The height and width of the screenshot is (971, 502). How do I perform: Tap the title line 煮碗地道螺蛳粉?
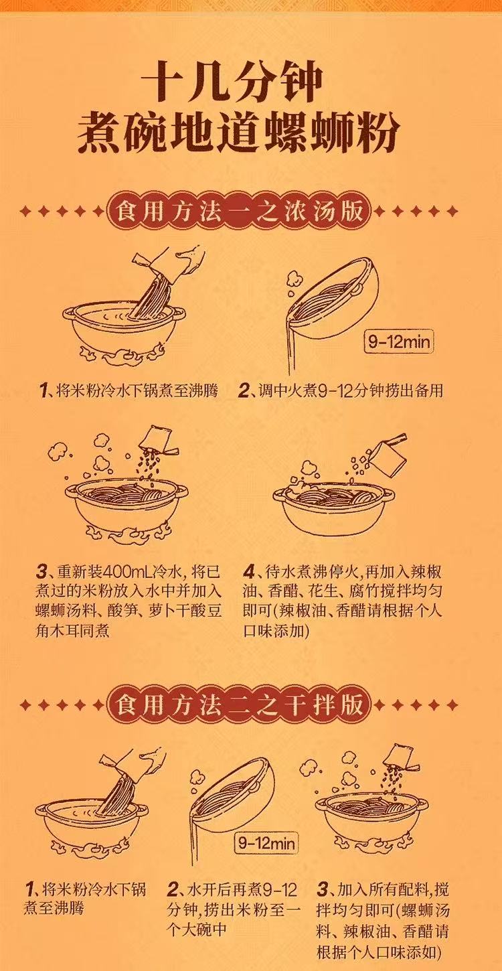point(239,131)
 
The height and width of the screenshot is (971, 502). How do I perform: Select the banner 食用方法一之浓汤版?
point(240,212)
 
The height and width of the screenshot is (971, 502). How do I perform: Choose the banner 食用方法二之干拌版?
point(240,705)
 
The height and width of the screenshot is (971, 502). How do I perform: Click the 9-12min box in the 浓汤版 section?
point(398,342)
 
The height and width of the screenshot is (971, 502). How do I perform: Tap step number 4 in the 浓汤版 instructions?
point(250,572)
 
